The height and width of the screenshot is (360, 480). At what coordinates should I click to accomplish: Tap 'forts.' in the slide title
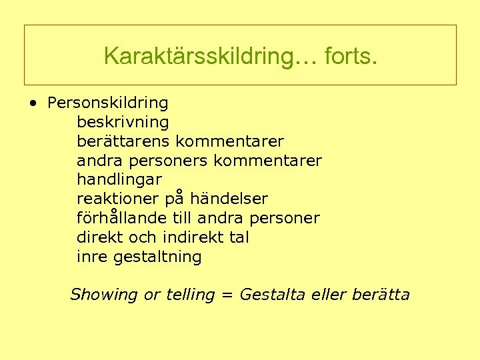tap(351, 56)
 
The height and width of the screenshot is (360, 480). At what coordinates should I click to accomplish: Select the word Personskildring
tap(108, 103)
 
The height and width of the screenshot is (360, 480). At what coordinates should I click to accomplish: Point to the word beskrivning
tap(123, 123)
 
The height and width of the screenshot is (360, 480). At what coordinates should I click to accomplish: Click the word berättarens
tap(124, 142)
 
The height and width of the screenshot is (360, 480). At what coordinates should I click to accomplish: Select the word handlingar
tap(119, 180)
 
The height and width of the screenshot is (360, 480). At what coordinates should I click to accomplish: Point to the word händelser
tap(229, 199)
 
